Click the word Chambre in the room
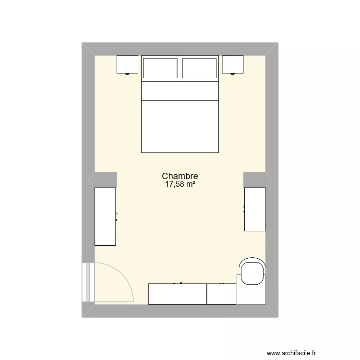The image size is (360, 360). [180, 177]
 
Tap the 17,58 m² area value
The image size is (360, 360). [180, 184]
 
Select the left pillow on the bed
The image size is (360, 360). [161, 68]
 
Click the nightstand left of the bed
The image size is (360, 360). [128, 64]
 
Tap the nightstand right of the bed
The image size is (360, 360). [233, 64]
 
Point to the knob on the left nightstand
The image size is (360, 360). [128, 74]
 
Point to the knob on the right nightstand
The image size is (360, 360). [233, 74]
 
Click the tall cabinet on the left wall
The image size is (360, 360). [105, 216]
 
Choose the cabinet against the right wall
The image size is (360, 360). [255, 209]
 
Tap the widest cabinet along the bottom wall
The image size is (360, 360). [178, 294]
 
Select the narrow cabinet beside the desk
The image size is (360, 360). [222, 294]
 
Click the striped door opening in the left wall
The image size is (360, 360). [87, 282]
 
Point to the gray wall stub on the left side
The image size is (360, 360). [102, 180]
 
